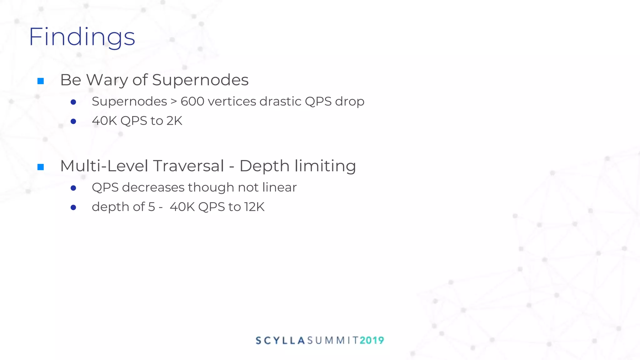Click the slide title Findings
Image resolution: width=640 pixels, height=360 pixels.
[82, 37]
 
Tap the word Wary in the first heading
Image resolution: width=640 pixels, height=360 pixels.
[107, 80]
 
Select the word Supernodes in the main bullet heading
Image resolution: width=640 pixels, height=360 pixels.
[200, 80]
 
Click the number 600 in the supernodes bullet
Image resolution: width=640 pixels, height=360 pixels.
[192, 102]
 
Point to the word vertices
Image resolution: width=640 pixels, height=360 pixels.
[232, 102]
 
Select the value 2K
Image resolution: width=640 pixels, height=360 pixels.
[174, 121]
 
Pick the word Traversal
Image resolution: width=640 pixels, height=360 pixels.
[188, 166]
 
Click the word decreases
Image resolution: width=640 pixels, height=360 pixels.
[153, 187]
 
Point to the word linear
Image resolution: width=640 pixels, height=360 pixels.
[279, 187]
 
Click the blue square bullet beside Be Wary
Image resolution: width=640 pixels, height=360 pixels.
[41, 81]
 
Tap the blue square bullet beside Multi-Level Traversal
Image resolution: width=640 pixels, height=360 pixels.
[41, 167]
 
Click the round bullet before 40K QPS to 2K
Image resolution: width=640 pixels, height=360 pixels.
[73, 121]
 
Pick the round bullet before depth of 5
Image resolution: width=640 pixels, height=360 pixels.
[73, 207]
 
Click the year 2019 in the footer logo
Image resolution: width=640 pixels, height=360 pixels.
[372, 340]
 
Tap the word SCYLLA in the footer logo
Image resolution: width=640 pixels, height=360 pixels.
[280, 340]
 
